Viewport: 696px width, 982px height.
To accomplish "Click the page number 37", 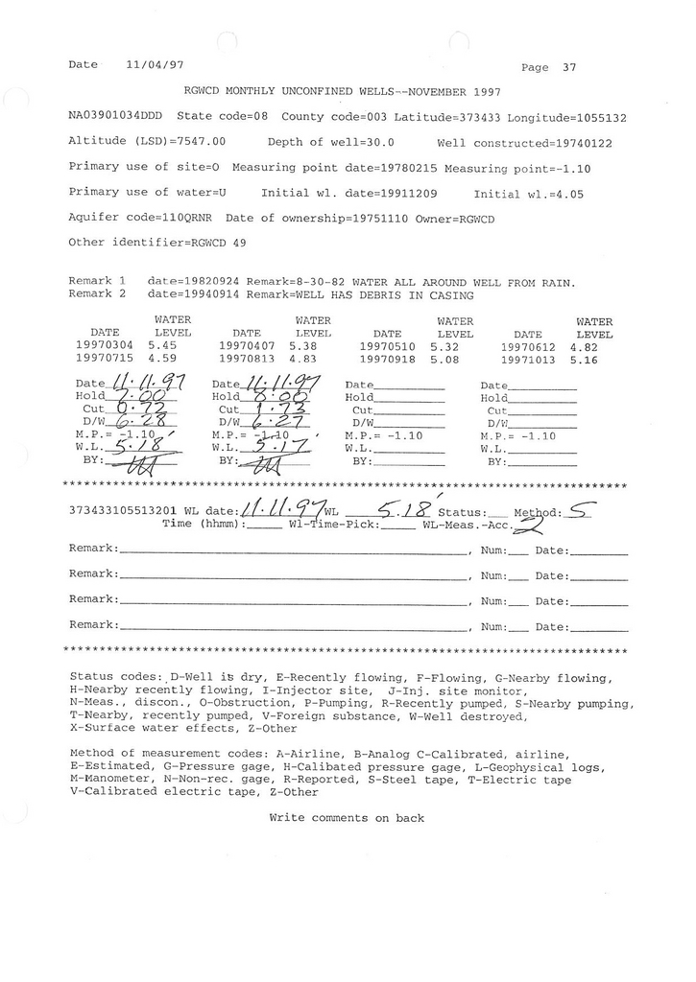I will point(570,67).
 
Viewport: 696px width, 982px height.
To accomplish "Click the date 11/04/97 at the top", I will point(155,64).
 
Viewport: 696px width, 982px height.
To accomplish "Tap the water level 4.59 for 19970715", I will point(162,357).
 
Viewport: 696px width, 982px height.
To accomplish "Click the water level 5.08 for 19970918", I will point(446,357).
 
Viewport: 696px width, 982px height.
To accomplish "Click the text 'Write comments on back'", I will point(347,818).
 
